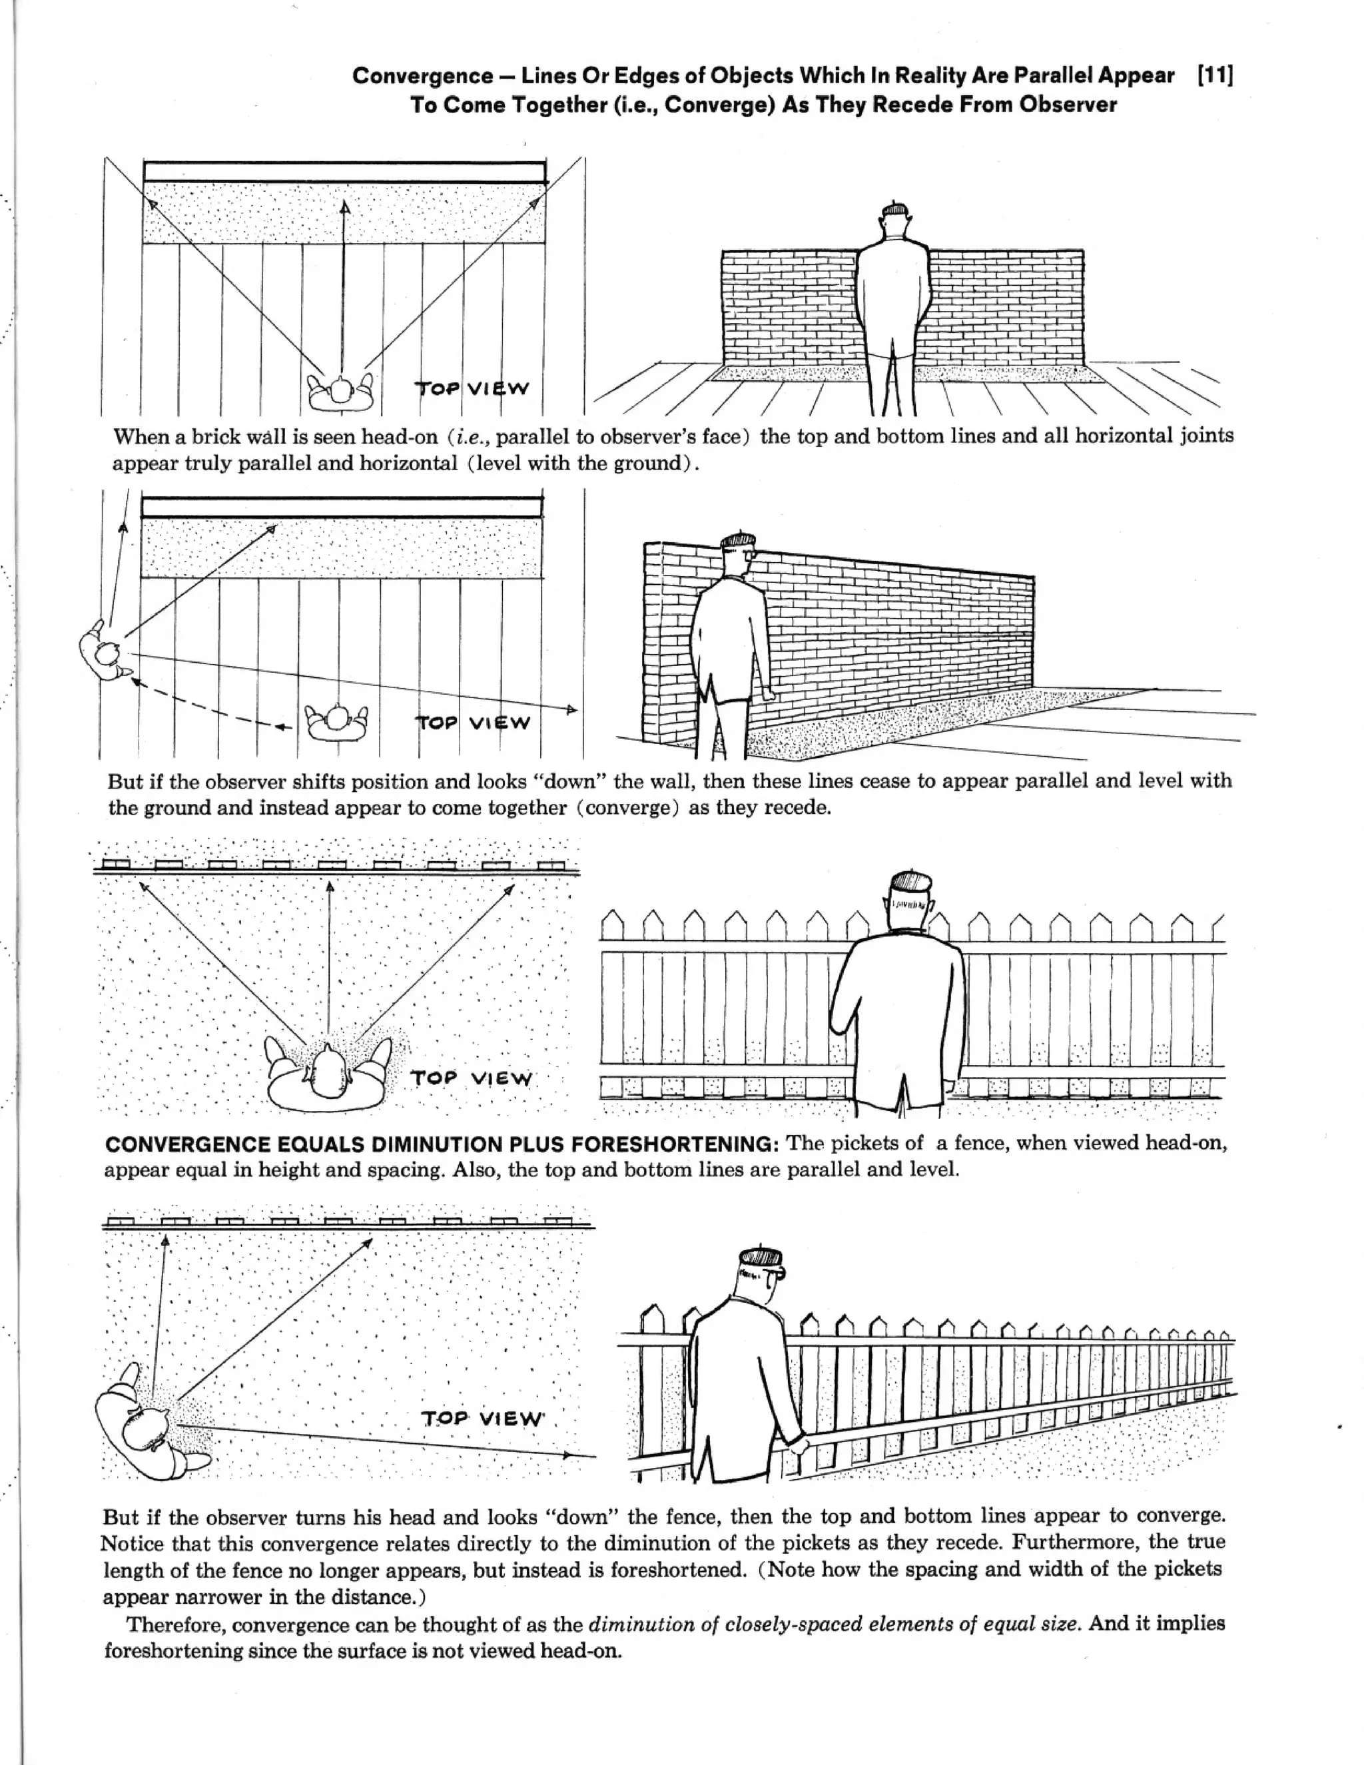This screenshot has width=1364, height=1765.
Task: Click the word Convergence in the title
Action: (422, 76)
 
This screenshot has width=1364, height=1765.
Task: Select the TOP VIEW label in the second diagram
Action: (473, 723)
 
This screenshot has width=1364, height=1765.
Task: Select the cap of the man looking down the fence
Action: (761, 1257)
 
